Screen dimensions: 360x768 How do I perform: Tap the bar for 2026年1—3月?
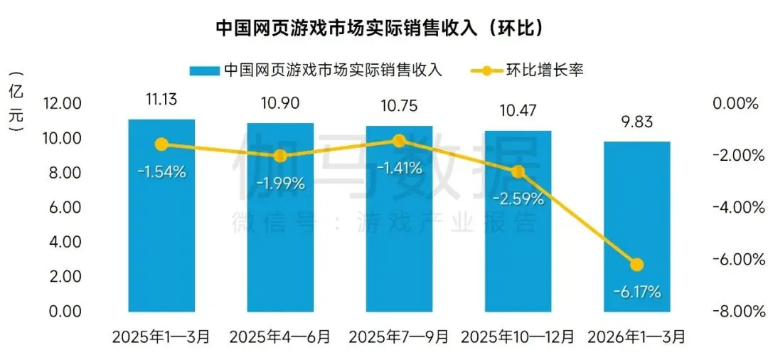pos(636,213)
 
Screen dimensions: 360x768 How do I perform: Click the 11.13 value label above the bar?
pos(161,100)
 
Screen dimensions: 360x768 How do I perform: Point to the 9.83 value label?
pos(636,122)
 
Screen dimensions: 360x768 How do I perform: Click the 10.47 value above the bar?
pos(518,110)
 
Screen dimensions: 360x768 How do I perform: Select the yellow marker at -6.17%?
pos(636,265)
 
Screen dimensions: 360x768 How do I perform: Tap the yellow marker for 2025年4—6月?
pos(280,156)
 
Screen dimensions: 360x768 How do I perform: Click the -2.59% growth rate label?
pos(518,198)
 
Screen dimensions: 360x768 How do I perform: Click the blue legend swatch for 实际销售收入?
pos(204,70)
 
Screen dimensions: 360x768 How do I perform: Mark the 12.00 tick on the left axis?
pos(62,104)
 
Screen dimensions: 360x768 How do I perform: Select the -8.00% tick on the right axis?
pos(734,312)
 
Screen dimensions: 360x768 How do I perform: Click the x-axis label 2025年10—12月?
pos(518,337)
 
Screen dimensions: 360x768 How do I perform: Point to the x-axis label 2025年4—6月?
pos(280,337)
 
